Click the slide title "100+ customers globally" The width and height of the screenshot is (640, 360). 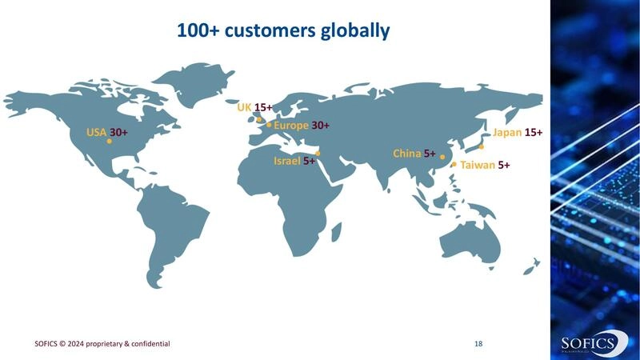pos(283,31)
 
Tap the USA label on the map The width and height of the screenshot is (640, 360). pos(96,131)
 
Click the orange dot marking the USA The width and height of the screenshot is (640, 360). pos(110,141)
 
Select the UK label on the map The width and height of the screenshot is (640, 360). pos(244,106)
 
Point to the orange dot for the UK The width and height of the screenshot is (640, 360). pos(258,120)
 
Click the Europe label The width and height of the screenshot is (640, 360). pos(291,126)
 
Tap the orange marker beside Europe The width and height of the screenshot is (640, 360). pos(270,125)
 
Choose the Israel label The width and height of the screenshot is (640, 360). pos(286,161)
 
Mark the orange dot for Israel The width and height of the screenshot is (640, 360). pos(318,153)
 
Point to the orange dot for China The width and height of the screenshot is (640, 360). pos(442,158)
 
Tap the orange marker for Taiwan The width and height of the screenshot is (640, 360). pos(454,165)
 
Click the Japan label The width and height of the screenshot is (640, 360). pos(507,132)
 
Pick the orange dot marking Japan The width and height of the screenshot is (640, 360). pos(481,146)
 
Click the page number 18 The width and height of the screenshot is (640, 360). pos(478,343)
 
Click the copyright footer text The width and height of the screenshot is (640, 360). pos(102,343)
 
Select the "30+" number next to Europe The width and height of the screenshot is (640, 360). pos(320,126)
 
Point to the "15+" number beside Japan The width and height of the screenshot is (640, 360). pos(534,132)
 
